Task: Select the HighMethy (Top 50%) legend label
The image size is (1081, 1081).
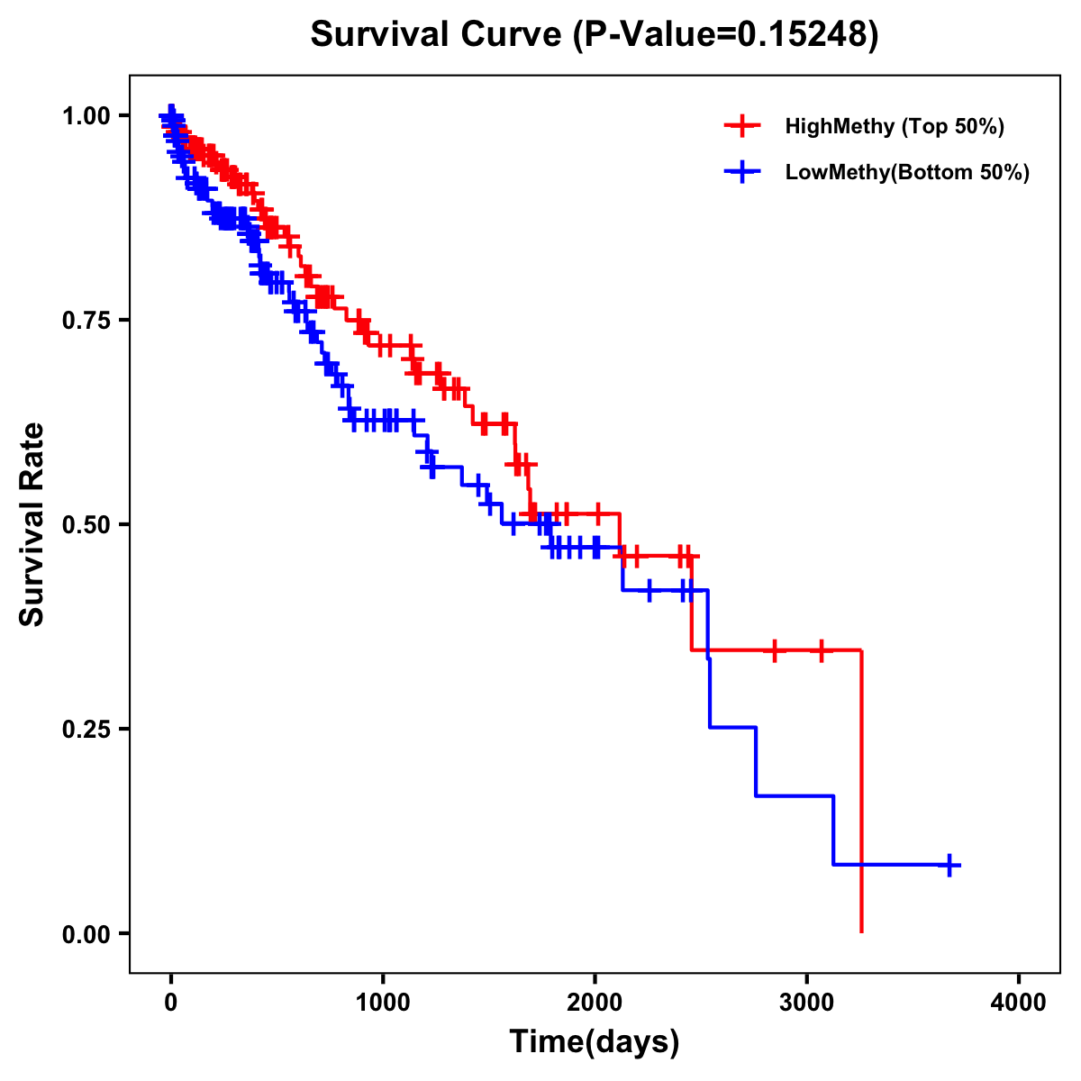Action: click(x=894, y=126)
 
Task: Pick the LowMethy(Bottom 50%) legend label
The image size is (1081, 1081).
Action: click(x=907, y=173)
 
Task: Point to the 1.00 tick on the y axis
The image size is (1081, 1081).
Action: click(x=86, y=116)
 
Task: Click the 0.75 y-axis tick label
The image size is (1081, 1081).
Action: click(x=86, y=321)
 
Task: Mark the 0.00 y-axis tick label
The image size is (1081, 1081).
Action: click(x=86, y=934)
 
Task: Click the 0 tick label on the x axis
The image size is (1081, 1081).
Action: click(x=171, y=1003)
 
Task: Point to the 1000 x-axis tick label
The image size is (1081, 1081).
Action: click(x=383, y=1003)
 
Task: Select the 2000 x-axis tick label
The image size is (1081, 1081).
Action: click(x=595, y=1003)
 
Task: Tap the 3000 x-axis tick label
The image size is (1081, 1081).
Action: click(x=807, y=1003)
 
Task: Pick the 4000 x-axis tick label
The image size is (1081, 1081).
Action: click(x=1019, y=1003)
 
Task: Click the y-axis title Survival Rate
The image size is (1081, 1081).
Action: click(x=32, y=524)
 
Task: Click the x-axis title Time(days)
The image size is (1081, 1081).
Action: click(x=595, y=1042)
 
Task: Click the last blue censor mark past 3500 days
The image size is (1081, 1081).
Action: click(x=948, y=865)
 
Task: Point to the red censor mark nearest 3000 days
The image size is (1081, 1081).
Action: click(x=821, y=650)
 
